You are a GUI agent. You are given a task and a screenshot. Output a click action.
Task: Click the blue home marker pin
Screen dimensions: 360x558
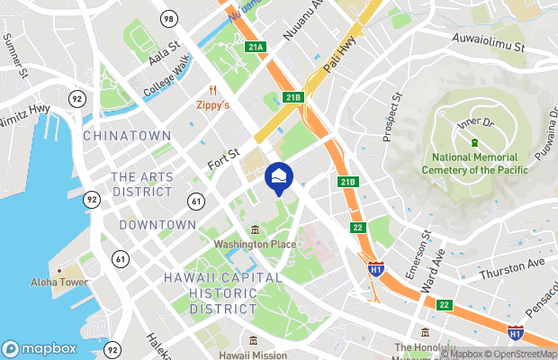278,177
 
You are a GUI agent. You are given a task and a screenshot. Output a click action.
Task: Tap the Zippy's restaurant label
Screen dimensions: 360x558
212,104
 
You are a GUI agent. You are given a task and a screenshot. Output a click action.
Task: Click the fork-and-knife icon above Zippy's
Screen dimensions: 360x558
213,90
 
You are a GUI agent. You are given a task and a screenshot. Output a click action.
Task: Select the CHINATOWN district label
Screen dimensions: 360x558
126,135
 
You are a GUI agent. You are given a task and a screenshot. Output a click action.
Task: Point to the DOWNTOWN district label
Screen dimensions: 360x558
157,224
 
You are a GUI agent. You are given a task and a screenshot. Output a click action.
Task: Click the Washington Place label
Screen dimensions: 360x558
255,244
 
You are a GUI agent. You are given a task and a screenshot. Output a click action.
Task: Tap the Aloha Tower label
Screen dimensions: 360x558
58,282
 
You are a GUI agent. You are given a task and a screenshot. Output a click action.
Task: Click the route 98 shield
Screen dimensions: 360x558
168,18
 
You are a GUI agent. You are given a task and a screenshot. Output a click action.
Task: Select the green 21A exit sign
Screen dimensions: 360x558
256,47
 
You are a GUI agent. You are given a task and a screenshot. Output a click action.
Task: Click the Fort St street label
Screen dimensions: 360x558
222,160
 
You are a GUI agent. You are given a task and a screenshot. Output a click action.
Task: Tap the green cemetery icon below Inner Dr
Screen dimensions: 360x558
473,143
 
